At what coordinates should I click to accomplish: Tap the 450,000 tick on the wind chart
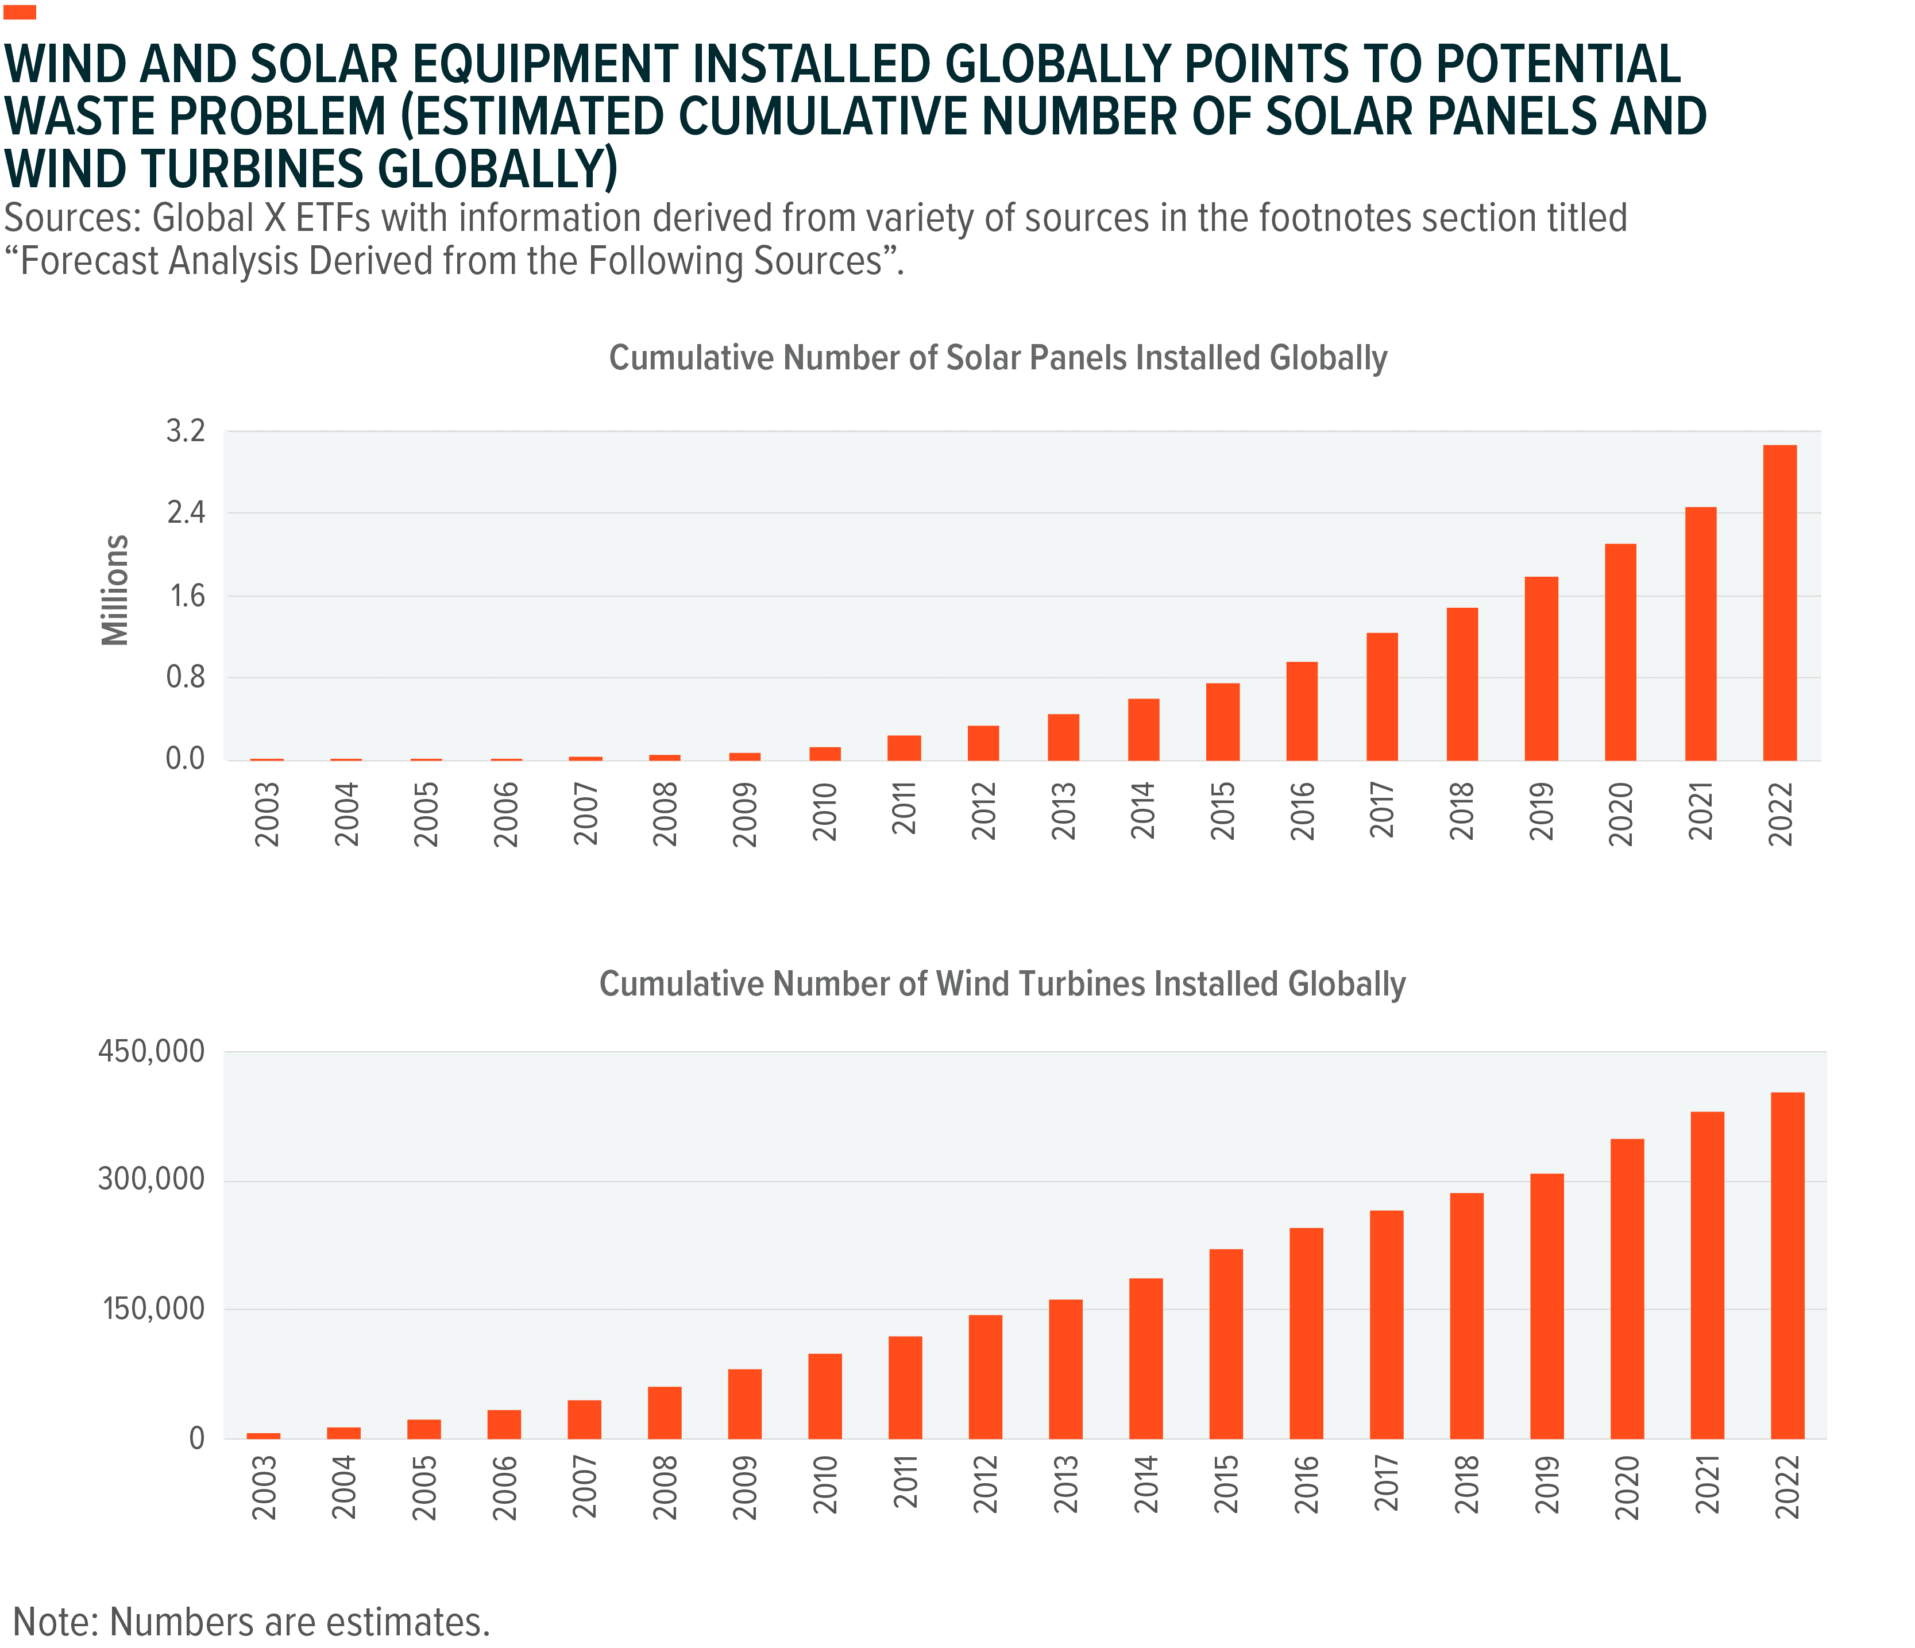click(152, 1051)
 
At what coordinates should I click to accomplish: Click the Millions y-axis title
click(115, 590)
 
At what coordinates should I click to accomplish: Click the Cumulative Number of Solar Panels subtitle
click(998, 358)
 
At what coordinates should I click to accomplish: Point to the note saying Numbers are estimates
click(252, 1622)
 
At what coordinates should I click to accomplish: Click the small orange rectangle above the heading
click(20, 12)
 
